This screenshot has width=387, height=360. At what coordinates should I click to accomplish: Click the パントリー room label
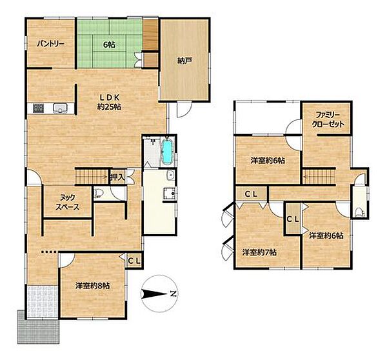(50, 45)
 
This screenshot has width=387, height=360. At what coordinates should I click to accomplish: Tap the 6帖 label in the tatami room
(109, 45)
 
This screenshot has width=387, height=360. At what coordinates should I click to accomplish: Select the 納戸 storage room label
(185, 61)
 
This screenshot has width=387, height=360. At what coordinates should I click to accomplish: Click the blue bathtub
(167, 152)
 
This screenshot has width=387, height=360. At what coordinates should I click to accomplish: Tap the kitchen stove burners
(39, 108)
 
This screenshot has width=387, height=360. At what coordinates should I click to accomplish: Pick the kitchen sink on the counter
(60, 108)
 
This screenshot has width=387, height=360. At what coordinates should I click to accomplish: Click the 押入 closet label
(117, 177)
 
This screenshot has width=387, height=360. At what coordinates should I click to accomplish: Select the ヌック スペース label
(67, 202)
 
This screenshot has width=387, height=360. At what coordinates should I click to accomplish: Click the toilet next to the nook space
(98, 193)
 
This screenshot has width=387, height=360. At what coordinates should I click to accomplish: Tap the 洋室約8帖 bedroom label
(92, 286)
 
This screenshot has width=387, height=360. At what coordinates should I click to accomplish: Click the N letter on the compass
(174, 294)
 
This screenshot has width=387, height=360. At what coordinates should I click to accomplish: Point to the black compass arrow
(155, 294)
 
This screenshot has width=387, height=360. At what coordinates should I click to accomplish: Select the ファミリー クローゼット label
(328, 119)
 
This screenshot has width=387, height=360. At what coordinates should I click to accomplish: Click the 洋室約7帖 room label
(259, 253)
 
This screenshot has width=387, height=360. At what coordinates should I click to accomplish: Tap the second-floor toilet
(360, 212)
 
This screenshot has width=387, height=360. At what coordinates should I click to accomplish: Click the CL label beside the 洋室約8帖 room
(135, 261)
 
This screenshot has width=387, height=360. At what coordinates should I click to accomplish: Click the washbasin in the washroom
(170, 175)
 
